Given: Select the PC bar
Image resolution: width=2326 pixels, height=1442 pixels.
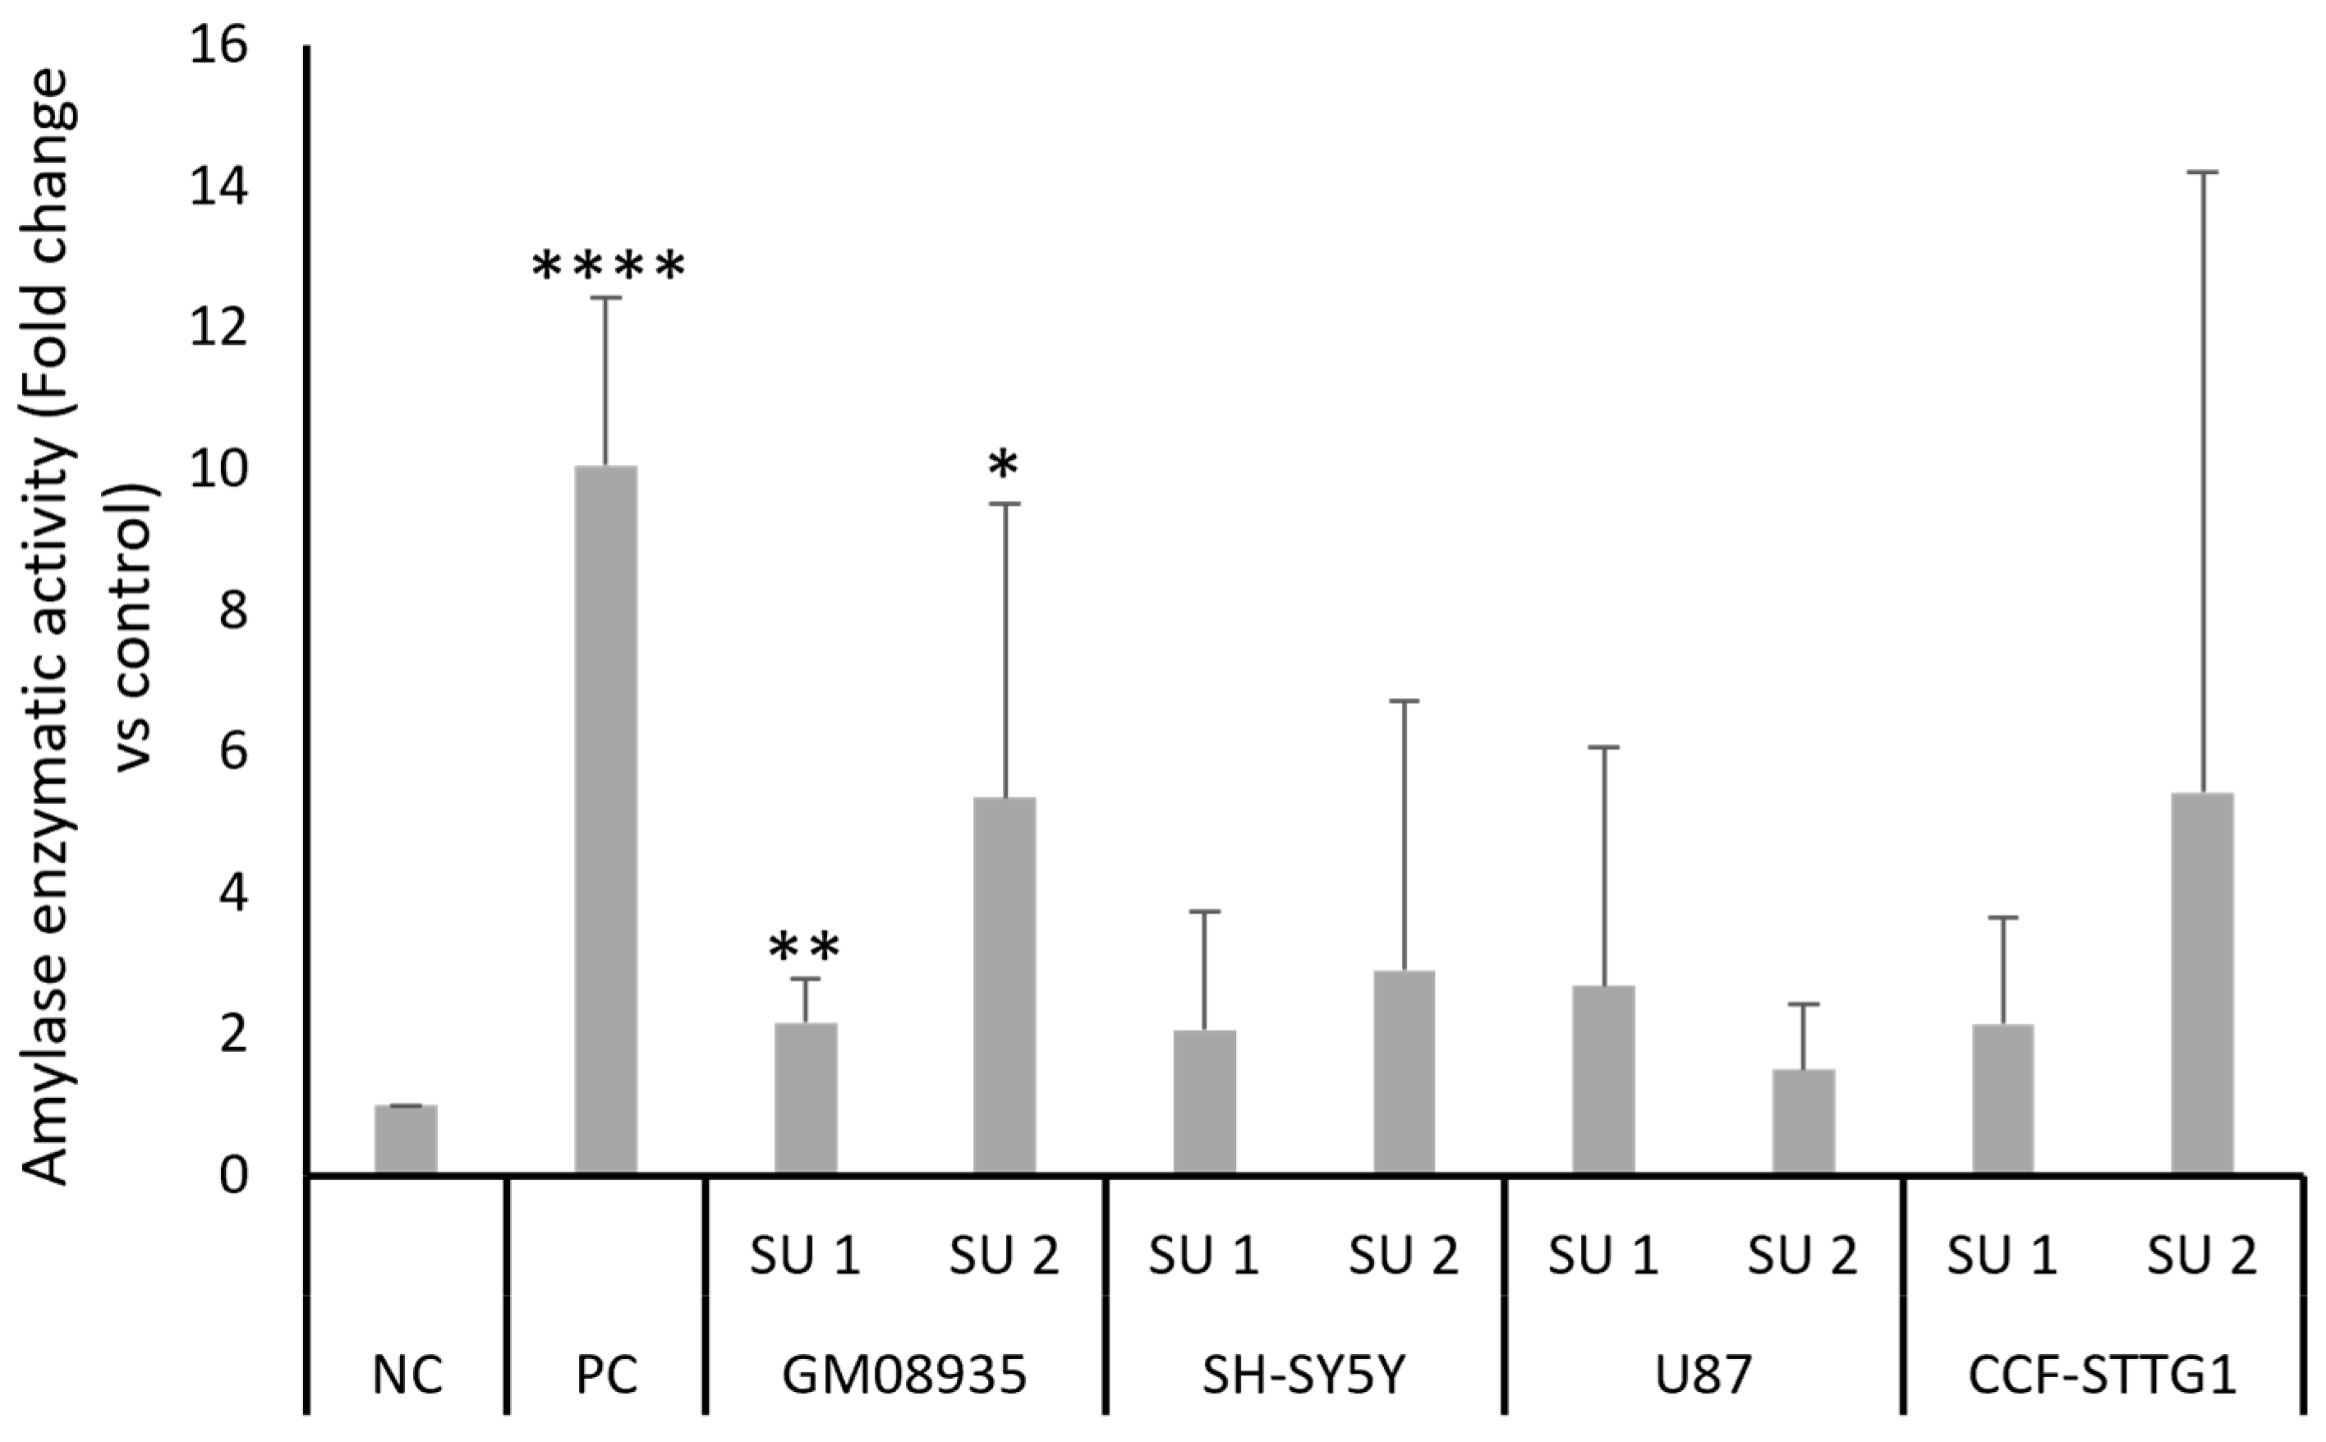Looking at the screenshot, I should pyautogui.click(x=605, y=820).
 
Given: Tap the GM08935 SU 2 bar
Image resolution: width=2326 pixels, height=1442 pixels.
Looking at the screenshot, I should pyautogui.click(x=1004, y=985).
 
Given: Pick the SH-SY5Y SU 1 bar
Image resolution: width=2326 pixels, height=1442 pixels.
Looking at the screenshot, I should pyautogui.click(x=1205, y=1101).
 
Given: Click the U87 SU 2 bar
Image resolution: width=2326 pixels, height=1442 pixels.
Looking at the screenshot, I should pyautogui.click(x=1804, y=1121).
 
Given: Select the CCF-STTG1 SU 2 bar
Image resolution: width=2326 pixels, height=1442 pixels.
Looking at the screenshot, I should pyautogui.click(x=2202, y=982).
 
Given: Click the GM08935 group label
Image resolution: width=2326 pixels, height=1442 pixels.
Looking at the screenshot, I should pyautogui.click(x=904, y=1376).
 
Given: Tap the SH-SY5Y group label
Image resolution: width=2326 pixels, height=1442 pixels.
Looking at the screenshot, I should pyautogui.click(x=1303, y=1376).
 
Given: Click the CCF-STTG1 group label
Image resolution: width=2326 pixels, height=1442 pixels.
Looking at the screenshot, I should pyautogui.click(x=2102, y=1376).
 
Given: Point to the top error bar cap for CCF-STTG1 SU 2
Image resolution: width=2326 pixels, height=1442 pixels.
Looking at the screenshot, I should pyautogui.click(x=2202, y=172).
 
